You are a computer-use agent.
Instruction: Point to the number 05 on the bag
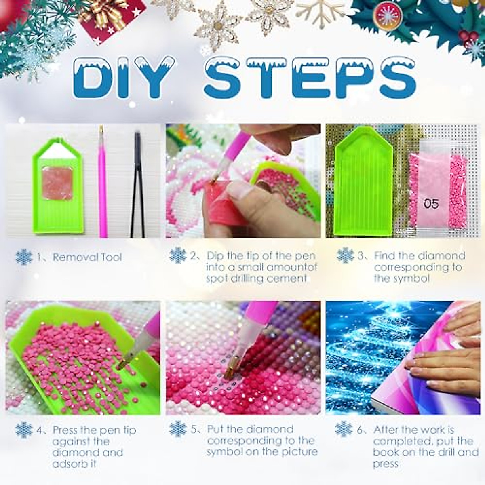[431, 203]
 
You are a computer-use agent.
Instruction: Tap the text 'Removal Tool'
[87, 257]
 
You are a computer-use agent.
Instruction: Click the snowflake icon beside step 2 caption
[177, 256]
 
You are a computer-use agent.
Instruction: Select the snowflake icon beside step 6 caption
[344, 429]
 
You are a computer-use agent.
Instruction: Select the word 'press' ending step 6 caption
[386, 464]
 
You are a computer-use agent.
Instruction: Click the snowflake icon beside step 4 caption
[24, 430]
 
